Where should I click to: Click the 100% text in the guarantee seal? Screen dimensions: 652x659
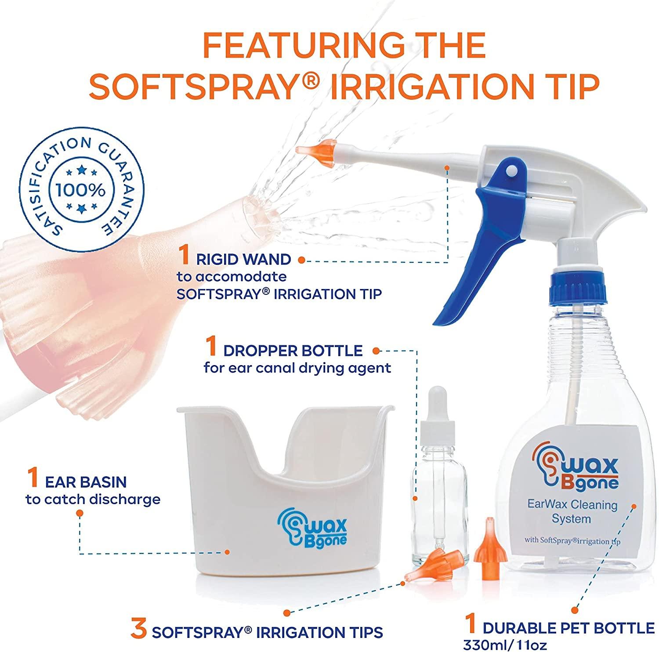coord(80,190)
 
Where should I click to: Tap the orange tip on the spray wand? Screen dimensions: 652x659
coord(315,149)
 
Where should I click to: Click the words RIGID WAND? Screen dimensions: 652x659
coord(243,259)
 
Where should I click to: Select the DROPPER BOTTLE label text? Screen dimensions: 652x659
coord(293,351)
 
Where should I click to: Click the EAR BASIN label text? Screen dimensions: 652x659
coord(86,482)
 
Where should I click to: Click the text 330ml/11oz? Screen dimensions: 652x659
coord(505,645)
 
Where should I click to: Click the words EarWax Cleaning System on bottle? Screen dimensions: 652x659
coord(572,512)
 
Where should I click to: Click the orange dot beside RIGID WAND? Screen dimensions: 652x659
coord(301,260)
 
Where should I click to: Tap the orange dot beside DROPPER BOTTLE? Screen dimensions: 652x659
coord(376,351)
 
